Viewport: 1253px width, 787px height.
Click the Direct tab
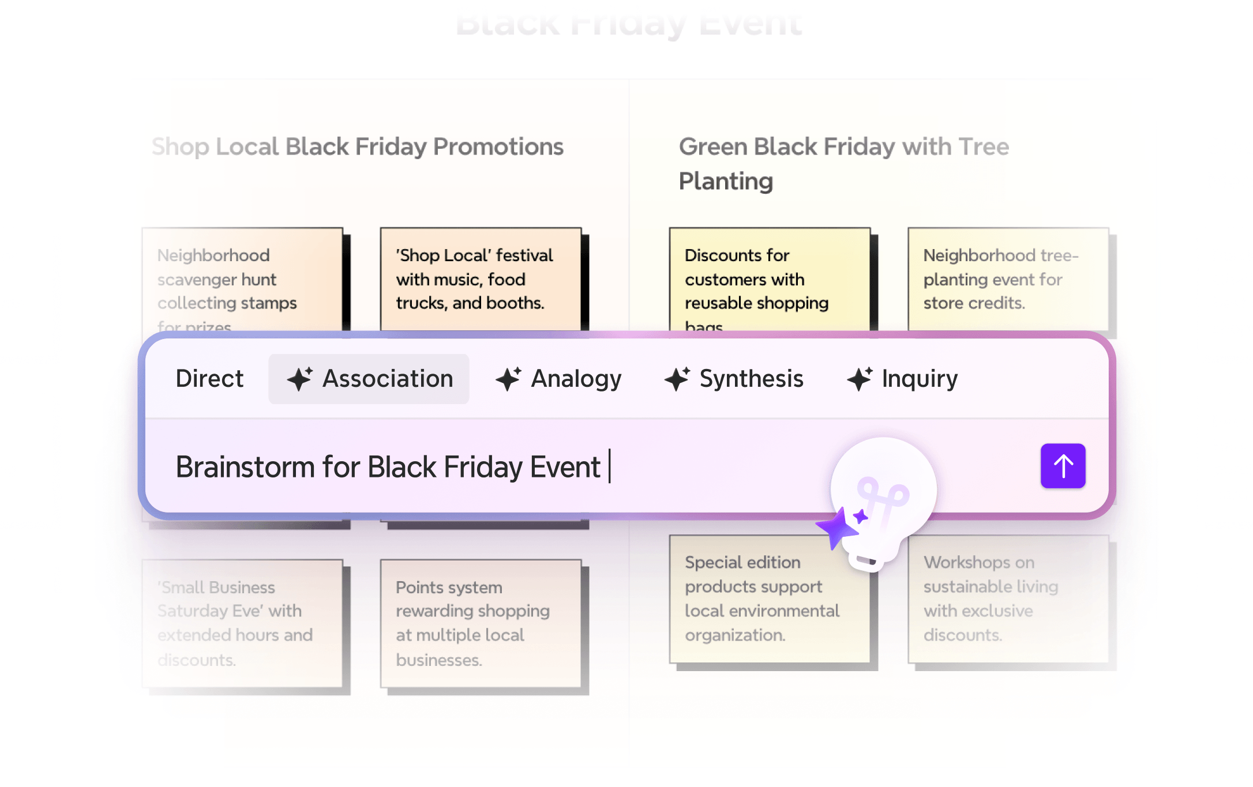click(209, 379)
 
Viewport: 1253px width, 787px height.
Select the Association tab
click(369, 379)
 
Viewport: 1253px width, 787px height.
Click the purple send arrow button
click(1063, 466)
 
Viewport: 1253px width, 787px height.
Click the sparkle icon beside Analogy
click(508, 379)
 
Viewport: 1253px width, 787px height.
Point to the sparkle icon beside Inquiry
click(859, 379)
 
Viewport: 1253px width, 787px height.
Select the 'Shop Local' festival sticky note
click(480, 279)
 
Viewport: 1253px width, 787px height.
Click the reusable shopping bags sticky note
click(769, 279)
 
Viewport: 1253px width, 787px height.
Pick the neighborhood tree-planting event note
click(1007, 279)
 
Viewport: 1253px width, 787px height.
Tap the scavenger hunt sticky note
click(242, 279)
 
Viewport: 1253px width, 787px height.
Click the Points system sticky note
click(480, 623)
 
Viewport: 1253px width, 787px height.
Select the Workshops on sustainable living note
click(1007, 598)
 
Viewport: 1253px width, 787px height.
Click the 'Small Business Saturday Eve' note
click(242, 623)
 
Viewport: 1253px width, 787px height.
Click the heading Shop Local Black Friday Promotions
click(358, 147)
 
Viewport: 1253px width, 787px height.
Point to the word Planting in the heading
click(726, 181)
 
